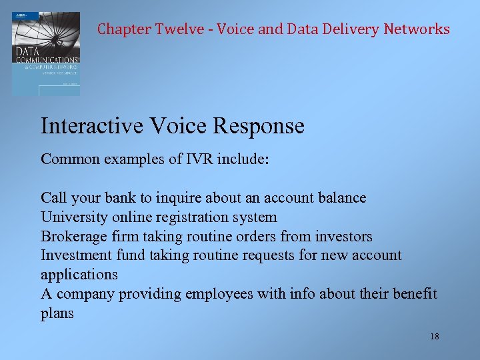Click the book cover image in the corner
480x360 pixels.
pyautogui.click(x=46, y=53)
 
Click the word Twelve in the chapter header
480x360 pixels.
pyautogui.click(x=180, y=29)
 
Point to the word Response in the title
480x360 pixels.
pyautogui.click(x=261, y=126)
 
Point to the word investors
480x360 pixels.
pyautogui.click(x=344, y=237)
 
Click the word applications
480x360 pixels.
pyautogui.click(x=79, y=275)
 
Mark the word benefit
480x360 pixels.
pyautogui.click(x=414, y=294)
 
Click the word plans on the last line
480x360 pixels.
pyautogui.click(x=57, y=313)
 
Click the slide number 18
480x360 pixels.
pyautogui.click(x=435, y=337)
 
